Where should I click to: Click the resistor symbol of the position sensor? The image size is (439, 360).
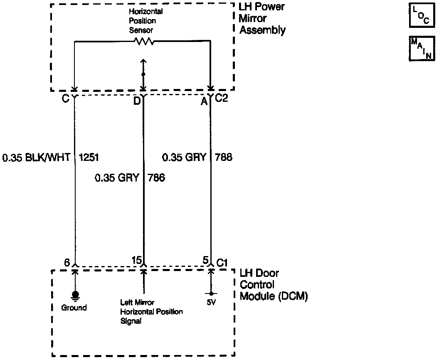[143, 41]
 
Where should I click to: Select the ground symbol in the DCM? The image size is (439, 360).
[75, 295]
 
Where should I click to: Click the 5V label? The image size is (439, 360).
[211, 303]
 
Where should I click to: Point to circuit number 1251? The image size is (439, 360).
[89, 158]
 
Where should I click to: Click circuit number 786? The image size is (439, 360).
[156, 178]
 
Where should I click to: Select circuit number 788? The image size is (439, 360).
[224, 158]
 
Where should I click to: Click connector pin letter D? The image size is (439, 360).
[136, 101]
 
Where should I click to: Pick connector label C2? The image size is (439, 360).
[221, 99]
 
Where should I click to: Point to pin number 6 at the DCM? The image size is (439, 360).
[67, 262]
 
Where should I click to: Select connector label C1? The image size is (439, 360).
[222, 263]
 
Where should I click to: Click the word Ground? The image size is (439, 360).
[74, 308]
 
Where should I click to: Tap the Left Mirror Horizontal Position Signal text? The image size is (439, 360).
[151, 312]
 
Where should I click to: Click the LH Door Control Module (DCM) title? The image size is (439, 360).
[274, 285]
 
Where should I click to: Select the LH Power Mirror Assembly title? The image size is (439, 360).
[262, 19]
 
